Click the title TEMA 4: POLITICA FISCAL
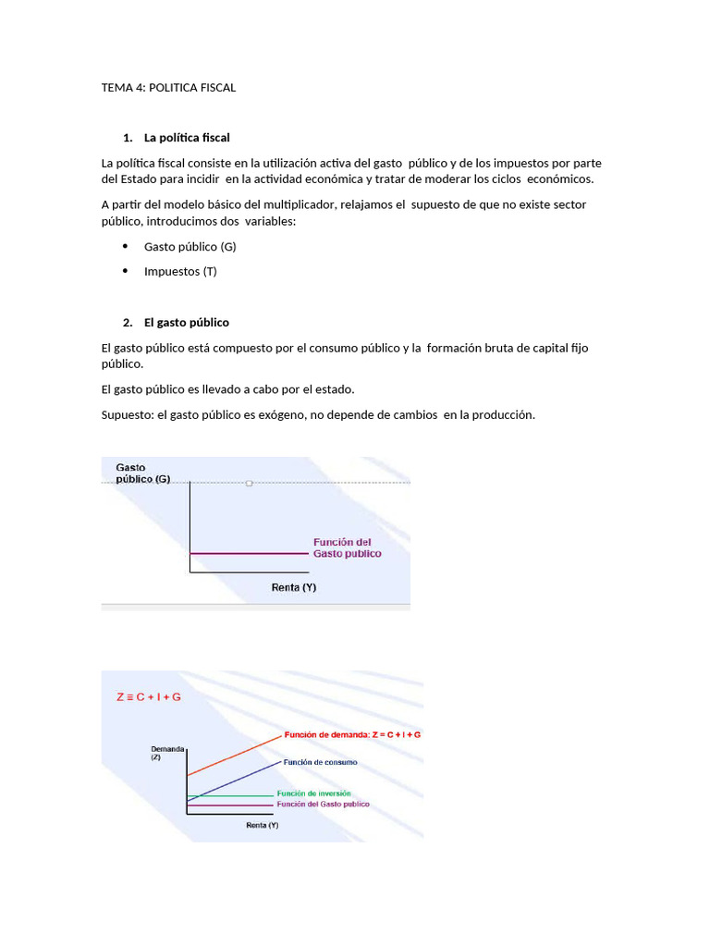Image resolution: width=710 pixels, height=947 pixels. click(x=168, y=88)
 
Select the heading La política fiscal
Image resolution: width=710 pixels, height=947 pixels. click(x=187, y=138)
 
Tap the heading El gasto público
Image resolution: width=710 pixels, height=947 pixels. click(x=186, y=323)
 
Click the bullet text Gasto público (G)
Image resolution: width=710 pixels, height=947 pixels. click(x=190, y=247)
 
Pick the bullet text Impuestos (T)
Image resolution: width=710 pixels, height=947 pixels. click(x=180, y=271)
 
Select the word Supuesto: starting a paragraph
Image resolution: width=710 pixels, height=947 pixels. click(x=128, y=415)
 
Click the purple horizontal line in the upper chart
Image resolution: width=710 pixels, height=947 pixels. click(x=248, y=553)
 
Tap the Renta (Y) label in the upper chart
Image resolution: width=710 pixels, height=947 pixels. click(x=294, y=586)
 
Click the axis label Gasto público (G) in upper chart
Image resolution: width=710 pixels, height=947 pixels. click(x=143, y=473)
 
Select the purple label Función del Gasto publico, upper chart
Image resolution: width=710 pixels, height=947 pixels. click(x=347, y=547)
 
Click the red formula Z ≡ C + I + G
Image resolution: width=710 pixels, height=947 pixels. click(x=149, y=696)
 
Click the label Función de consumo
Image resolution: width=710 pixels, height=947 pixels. click(x=320, y=762)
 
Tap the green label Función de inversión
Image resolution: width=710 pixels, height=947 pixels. click(x=313, y=793)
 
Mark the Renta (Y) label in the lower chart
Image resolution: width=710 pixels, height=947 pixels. click(x=262, y=825)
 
